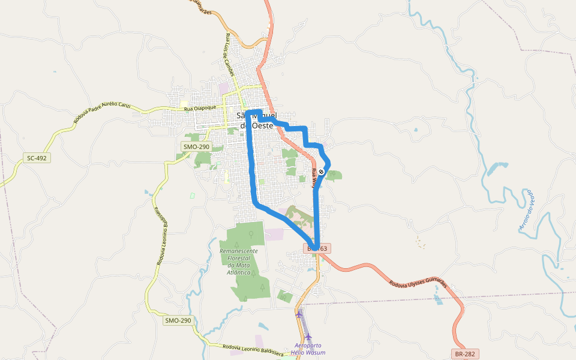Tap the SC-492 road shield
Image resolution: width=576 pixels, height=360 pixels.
pyautogui.click(x=37, y=158)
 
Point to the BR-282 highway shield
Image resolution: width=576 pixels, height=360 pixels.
pyautogui.click(x=466, y=355)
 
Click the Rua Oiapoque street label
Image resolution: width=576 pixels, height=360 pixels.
pyautogui.click(x=200, y=108)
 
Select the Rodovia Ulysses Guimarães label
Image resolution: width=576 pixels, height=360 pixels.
pyautogui.click(x=418, y=284)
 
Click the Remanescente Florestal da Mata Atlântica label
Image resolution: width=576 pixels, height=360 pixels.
pyautogui.click(x=239, y=261)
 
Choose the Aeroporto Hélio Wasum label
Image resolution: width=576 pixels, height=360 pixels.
pyautogui.click(x=310, y=349)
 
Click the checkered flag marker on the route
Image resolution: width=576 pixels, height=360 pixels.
pyautogui.click(x=322, y=172)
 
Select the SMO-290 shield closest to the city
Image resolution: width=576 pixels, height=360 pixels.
pyautogui.click(x=196, y=146)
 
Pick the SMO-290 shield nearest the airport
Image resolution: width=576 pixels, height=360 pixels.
pyautogui.click(x=178, y=320)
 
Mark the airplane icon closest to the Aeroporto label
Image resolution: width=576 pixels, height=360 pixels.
pyautogui.click(x=308, y=337)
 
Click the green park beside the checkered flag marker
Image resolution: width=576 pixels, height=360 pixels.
pyautogui.click(x=334, y=175)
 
